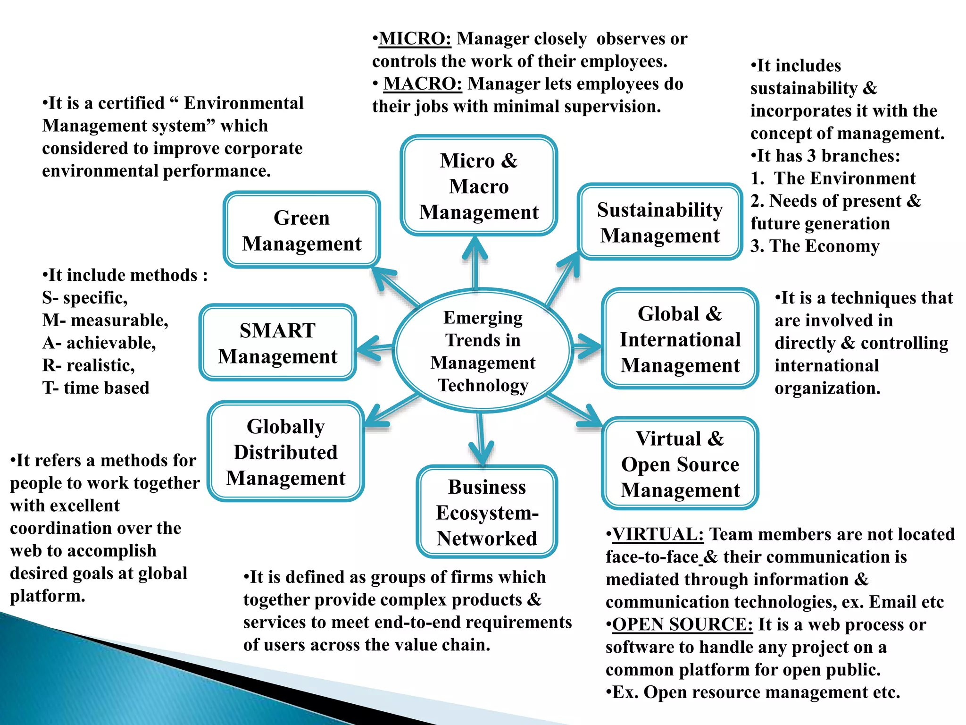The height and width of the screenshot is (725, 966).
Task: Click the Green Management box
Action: click(x=301, y=230)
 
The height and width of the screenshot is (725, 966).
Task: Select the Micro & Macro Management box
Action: click(x=478, y=185)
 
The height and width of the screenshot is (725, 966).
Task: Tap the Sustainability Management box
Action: click(x=659, y=222)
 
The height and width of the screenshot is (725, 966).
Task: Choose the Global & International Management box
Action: click(x=680, y=339)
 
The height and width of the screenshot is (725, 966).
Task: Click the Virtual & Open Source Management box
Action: click(x=680, y=464)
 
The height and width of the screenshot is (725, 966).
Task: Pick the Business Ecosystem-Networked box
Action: click(x=487, y=512)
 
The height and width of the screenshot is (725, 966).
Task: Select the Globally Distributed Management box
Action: click(x=285, y=452)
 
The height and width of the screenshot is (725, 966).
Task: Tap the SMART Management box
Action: click(x=277, y=343)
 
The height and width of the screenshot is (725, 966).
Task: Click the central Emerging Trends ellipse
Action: click(x=483, y=351)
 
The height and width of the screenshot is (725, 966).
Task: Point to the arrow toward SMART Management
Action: click(x=373, y=349)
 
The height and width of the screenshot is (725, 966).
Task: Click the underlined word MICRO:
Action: click(x=415, y=39)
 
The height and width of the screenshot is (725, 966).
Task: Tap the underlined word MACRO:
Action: click(x=422, y=84)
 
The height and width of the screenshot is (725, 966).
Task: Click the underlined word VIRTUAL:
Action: click(x=658, y=534)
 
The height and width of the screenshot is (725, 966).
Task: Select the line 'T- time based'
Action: click(x=96, y=388)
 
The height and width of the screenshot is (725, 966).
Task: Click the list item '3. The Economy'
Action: click(x=815, y=246)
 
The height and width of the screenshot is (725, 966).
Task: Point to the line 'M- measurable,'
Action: click(x=105, y=320)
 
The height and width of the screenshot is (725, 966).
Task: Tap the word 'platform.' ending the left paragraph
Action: click(x=48, y=596)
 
